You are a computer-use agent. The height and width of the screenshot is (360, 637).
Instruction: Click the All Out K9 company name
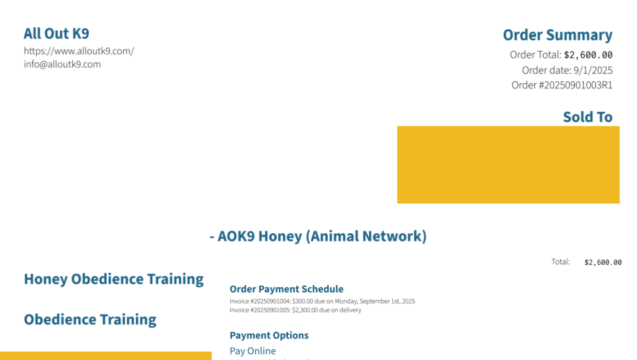pyautogui.click(x=57, y=34)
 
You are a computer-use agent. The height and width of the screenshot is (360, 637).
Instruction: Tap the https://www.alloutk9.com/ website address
pyautogui.click(x=79, y=51)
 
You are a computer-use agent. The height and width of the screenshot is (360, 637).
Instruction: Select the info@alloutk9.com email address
pyautogui.click(x=62, y=64)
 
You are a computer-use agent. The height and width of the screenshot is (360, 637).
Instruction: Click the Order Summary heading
pyautogui.click(x=558, y=35)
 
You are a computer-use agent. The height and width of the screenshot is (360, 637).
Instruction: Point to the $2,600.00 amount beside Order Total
pyautogui.click(x=588, y=55)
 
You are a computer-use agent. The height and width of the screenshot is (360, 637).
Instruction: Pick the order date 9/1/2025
pyautogui.click(x=593, y=70)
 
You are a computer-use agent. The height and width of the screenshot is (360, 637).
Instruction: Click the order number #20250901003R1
pyautogui.click(x=576, y=85)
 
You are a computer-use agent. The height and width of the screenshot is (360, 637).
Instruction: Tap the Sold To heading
pyautogui.click(x=588, y=117)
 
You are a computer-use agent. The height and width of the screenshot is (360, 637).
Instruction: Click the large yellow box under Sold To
pyautogui.click(x=508, y=165)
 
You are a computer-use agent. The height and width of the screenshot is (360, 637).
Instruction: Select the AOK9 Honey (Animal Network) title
pyautogui.click(x=322, y=236)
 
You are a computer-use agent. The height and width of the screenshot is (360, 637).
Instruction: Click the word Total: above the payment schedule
pyautogui.click(x=560, y=262)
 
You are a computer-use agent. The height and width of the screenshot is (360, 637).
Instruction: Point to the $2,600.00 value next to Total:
pyautogui.click(x=603, y=262)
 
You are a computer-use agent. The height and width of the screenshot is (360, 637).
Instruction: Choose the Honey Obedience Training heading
pyautogui.click(x=114, y=279)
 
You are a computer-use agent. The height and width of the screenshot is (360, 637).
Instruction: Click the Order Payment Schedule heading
pyautogui.click(x=286, y=289)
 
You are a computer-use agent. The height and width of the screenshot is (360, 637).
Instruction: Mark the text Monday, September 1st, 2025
pyautogui.click(x=375, y=301)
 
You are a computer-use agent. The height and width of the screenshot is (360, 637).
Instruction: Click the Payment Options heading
pyautogui.click(x=269, y=335)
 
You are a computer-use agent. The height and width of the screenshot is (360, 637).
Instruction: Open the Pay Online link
pyautogui.click(x=253, y=351)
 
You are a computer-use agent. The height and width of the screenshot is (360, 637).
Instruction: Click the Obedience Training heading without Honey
pyautogui.click(x=90, y=320)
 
